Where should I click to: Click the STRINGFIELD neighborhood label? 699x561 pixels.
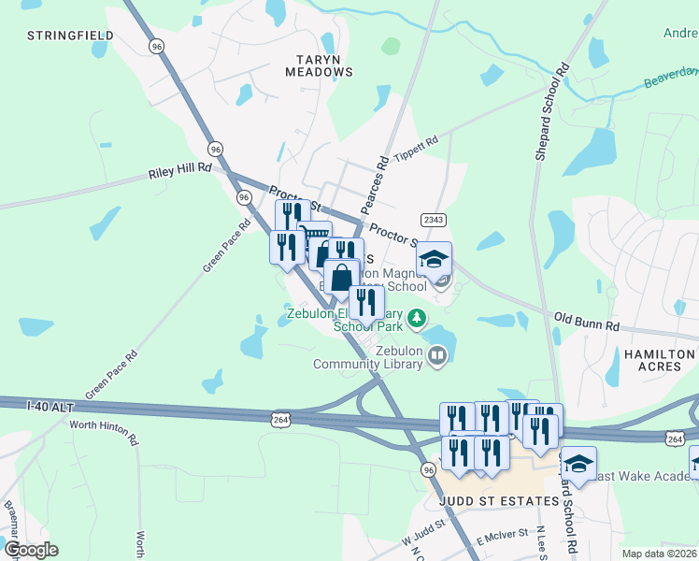pyautogui.click(x=71, y=36)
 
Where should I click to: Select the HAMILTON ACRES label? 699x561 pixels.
pyautogui.click(x=659, y=362)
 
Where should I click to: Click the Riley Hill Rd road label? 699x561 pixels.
pyautogui.click(x=180, y=172)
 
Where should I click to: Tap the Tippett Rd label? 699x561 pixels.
pyautogui.click(x=416, y=148)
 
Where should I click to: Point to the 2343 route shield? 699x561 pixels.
pyautogui.click(x=433, y=220)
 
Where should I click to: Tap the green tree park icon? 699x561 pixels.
pyautogui.click(x=416, y=318)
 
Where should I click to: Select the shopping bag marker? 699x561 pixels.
pyautogui.click(x=342, y=277)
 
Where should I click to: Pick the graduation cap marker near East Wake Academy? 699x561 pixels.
pyautogui.click(x=578, y=463)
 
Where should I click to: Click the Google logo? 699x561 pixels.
pyautogui.click(x=30, y=549)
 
